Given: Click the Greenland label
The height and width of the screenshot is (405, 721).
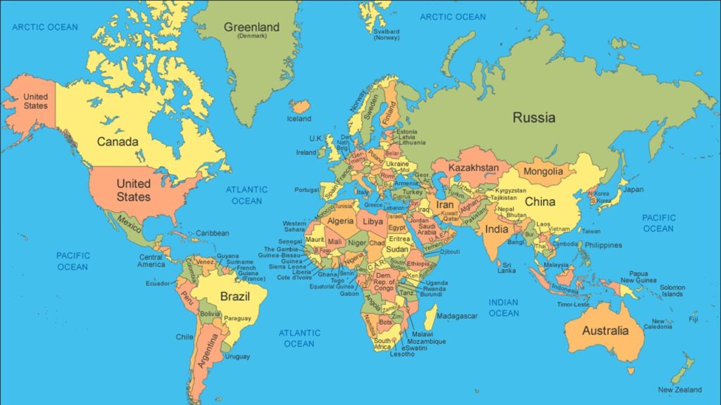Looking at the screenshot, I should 251,28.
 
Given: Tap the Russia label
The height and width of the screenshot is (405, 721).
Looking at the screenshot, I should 534,117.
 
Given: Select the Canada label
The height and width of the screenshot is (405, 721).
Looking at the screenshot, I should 118,141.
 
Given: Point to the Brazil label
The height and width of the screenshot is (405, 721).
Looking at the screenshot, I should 235,296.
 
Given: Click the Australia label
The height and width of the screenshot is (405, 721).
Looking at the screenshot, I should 606,330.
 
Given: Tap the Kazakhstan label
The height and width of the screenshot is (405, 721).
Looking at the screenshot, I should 473,168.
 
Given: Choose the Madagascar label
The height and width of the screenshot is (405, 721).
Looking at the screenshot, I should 457,316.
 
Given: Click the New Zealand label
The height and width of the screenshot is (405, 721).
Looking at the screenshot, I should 679,390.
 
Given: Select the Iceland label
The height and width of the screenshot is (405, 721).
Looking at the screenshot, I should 299,119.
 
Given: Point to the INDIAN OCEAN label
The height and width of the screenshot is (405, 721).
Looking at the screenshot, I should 503,308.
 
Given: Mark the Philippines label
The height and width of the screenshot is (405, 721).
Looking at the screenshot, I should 604,245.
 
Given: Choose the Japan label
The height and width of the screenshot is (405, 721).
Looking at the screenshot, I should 633,189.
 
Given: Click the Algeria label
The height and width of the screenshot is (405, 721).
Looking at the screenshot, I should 341,221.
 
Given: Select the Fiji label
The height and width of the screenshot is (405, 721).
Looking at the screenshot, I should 694,319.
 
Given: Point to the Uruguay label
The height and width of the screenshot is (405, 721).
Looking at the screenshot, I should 238,356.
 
